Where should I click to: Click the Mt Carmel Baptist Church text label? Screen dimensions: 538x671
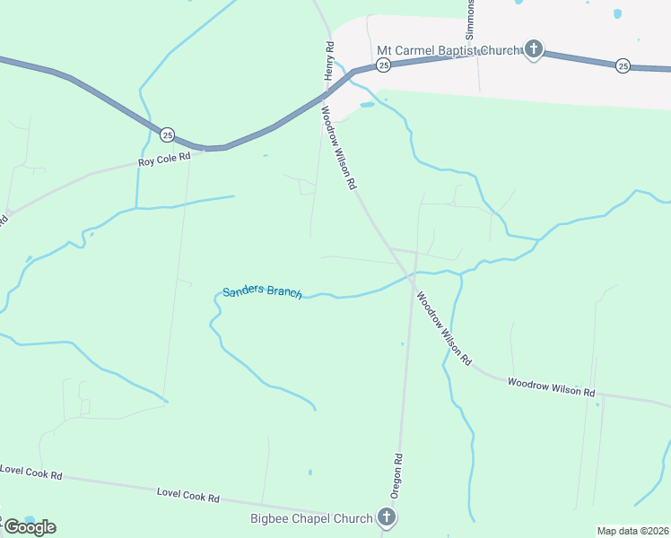(x=448, y=50)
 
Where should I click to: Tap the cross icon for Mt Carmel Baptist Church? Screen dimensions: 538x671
(x=534, y=49)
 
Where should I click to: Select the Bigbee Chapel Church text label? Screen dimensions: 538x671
(x=310, y=518)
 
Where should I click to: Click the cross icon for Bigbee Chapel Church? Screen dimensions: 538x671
(x=387, y=517)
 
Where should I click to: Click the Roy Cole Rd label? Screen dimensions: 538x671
(x=164, y=160)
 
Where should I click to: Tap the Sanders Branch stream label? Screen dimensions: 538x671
(x=262, y=291)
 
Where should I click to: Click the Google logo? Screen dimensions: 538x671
(x=30, y=526)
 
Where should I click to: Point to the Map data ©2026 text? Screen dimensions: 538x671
(x=632, y=531)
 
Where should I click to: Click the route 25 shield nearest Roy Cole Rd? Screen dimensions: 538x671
(x=168, y=134)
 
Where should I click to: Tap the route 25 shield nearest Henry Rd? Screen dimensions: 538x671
(x=383, y=65)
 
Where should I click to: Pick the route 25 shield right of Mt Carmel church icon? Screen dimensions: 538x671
(x=623, y=65)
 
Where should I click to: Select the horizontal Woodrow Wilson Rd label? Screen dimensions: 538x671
(x=551, y=387)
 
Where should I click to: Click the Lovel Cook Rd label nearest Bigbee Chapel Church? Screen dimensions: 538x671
(x=188, y=494)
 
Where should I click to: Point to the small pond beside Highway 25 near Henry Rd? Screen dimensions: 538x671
(x=367, y=105)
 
